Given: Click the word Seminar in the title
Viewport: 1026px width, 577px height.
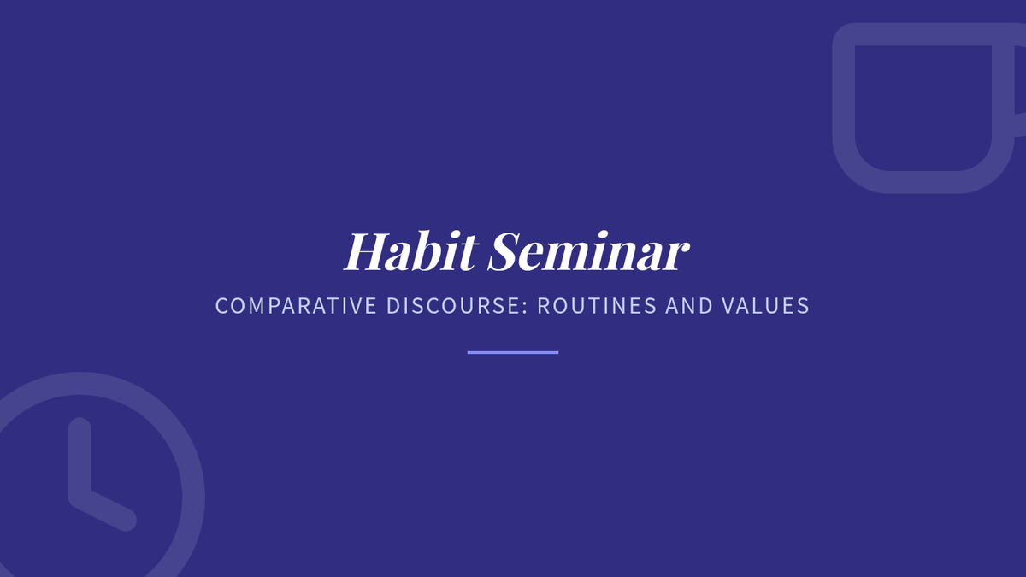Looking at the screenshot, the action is (588, 251).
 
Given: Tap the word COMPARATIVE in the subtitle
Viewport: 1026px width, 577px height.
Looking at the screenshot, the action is (296, 306).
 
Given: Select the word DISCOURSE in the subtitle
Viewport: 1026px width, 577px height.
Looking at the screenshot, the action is (454, 306).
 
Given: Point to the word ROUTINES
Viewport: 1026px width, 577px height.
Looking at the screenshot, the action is (598, 306).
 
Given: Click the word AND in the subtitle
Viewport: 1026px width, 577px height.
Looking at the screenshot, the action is (689, 306).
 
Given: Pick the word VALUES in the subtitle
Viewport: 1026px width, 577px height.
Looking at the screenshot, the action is (765, 306).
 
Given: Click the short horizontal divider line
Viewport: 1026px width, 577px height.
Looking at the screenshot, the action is (513, 352).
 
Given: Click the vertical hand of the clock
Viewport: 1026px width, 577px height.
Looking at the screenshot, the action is (80, 458).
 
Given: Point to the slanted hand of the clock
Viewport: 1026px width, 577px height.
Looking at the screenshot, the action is (104, 509).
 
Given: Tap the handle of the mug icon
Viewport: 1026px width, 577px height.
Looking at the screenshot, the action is (1020, 80).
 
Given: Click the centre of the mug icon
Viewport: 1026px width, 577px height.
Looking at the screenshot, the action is (923, 108).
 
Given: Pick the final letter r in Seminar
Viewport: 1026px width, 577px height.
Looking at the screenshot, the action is (678, 257).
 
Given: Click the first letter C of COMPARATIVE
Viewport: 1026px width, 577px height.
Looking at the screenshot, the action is (222, 306).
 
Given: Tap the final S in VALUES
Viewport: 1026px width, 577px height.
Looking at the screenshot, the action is (803, 306).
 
